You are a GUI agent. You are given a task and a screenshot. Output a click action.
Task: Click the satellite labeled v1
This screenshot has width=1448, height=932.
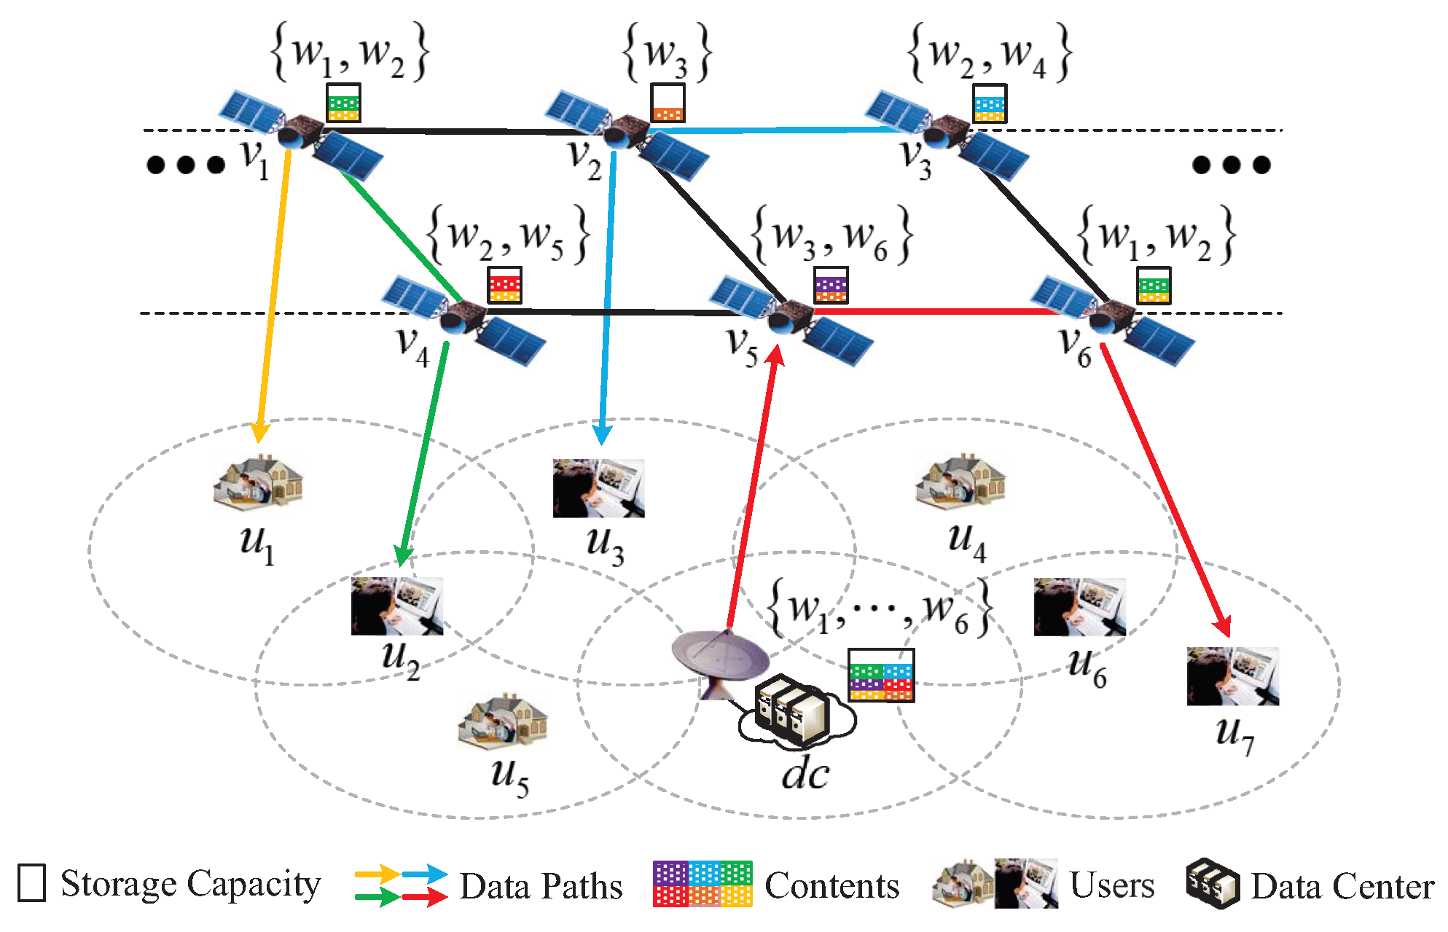pos(301,136)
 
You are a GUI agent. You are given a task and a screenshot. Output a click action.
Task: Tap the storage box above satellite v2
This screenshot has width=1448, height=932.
pos(668,103)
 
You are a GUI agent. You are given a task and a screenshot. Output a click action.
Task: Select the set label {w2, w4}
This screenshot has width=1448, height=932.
pos(989,52)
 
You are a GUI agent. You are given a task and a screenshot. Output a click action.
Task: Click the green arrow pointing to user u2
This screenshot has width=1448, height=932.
pos(424,452)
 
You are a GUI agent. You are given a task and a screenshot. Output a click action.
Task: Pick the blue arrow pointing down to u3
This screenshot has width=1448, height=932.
pos(607,291)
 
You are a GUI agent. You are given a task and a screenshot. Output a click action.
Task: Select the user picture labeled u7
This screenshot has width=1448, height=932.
pos(1232,676)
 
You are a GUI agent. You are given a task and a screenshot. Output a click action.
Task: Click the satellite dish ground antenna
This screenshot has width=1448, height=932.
pos(720,659)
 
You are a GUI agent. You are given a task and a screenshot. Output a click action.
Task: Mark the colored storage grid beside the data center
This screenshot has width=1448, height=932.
pos(881,675)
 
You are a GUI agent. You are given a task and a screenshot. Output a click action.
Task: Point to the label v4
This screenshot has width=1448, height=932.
pos(412,346)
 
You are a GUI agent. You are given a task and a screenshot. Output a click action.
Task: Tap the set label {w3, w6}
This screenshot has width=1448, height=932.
pos(831,235)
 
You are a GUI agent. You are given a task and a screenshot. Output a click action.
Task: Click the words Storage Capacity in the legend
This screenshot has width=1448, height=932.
pos(190,884)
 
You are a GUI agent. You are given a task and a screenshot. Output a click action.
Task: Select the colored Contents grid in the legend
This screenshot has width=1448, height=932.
pos(703,883)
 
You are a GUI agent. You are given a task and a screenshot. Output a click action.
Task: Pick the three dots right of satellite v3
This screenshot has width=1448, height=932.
pos(1231,165)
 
